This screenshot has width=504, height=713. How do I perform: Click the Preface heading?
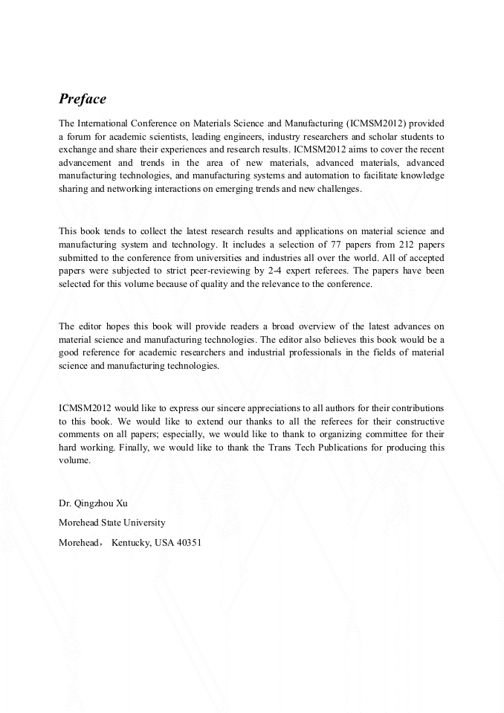83,99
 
